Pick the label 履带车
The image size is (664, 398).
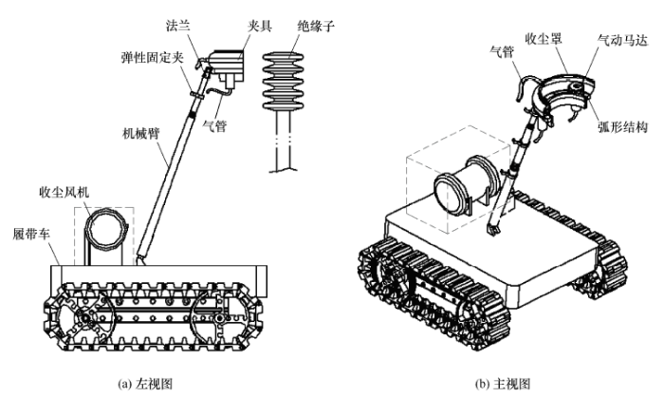(x=29, y=233)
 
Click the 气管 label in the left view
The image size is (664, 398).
(x=216, y=125)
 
